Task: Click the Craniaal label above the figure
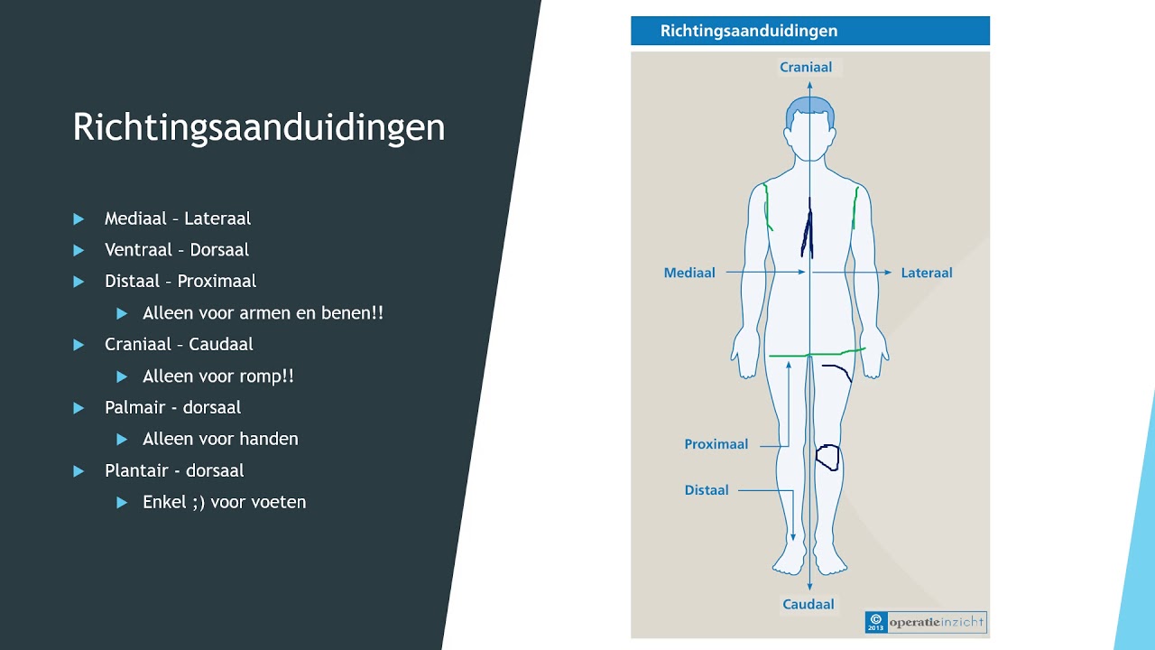pos(807,67)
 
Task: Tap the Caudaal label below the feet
pos(808,604)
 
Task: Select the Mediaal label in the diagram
pos(689,273)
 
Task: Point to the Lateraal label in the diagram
pos(927,273)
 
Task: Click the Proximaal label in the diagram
pos(716,444)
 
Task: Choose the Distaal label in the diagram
pos(707,490)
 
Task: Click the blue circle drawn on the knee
pos(827,458)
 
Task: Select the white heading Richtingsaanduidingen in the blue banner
pos(749,31)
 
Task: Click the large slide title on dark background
pos(259,127)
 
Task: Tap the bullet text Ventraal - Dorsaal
pos(177,250)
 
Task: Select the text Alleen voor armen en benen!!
pos(263,313)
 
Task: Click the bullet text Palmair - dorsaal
pos(172,407)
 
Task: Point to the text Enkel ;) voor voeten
pos(224,502)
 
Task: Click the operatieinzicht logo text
pos(937,622)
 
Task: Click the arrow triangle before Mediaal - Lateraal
pos(79,218)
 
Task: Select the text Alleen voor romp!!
pos(217,376)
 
